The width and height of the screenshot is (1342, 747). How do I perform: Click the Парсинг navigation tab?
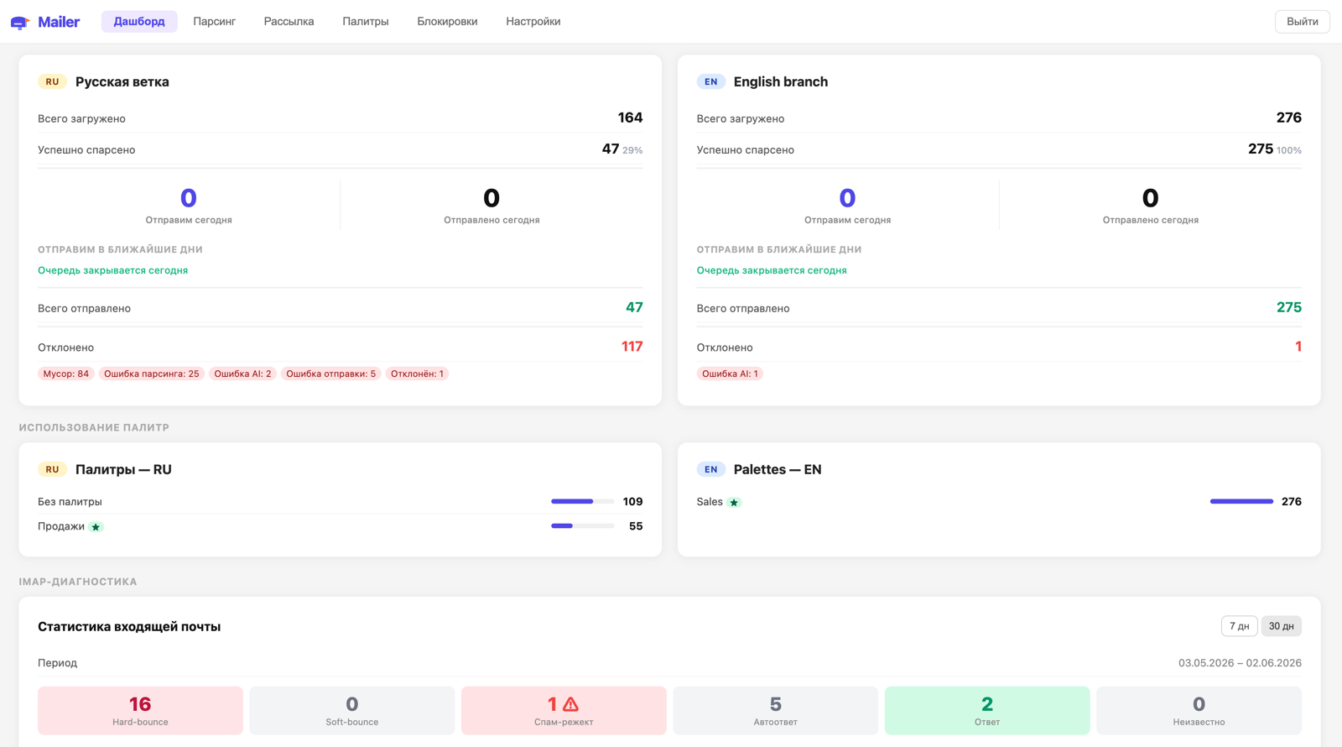coord(214,22)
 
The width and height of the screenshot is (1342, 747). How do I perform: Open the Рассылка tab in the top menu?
coord(289,22)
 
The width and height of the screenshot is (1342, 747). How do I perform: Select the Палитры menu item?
coord(366,22)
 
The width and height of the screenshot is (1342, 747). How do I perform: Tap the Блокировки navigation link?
coord(447,22)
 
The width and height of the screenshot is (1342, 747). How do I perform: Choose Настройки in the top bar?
coord(533,22)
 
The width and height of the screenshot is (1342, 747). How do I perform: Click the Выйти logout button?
coord(1303,22)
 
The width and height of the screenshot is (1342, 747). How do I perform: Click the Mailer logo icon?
coord(20,23)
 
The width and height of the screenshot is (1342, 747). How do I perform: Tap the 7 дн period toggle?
coord(1239,626)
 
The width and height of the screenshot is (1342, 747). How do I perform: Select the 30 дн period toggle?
coord(1281,626)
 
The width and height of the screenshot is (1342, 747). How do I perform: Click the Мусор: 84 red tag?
coord(66,373)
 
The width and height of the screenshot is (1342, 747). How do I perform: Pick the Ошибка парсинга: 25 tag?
coord(152,373)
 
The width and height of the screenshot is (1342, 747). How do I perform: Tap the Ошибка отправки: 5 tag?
coord(330,373)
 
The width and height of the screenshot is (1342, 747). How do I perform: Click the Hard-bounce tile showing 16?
coord(140,710)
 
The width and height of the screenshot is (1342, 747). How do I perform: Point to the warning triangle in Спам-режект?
coord(571,704)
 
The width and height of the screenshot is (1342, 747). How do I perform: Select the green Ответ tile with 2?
coord(986,710)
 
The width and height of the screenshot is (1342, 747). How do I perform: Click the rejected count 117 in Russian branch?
coord(632,347)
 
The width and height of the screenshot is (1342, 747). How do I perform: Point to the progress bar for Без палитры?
coord(582,501)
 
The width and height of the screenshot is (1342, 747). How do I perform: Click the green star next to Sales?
coord(734,503)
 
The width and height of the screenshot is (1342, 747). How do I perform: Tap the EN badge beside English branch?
coord(710,81)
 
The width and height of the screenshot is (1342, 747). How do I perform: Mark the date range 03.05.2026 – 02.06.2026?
coord(1240,662)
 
